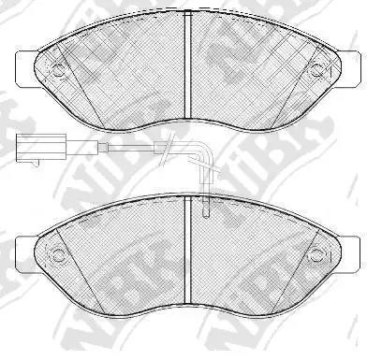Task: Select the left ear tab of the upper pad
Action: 25,65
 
